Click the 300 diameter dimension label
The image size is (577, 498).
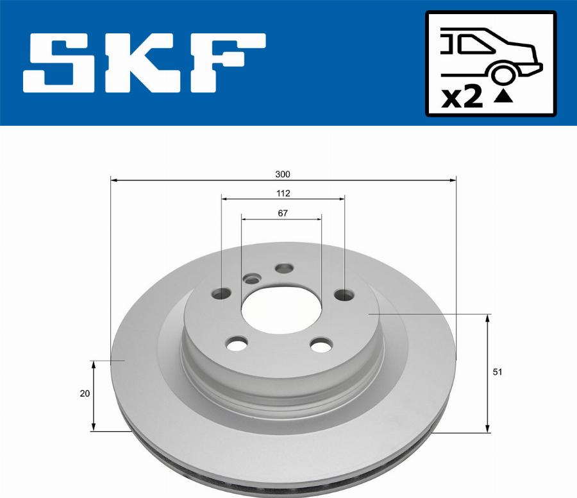click(283, 174)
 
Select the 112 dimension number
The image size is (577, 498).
click(283, 193)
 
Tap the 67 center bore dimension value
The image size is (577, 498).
click(282, 214)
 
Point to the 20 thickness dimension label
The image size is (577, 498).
click(85, 394)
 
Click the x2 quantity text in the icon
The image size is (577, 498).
click(462, 98)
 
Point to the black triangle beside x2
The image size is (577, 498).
click(505, 97)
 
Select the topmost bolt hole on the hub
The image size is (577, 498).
click(283, 268)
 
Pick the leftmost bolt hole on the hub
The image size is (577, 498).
click(221, 294)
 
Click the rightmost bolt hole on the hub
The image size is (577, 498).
click(344, 295)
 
